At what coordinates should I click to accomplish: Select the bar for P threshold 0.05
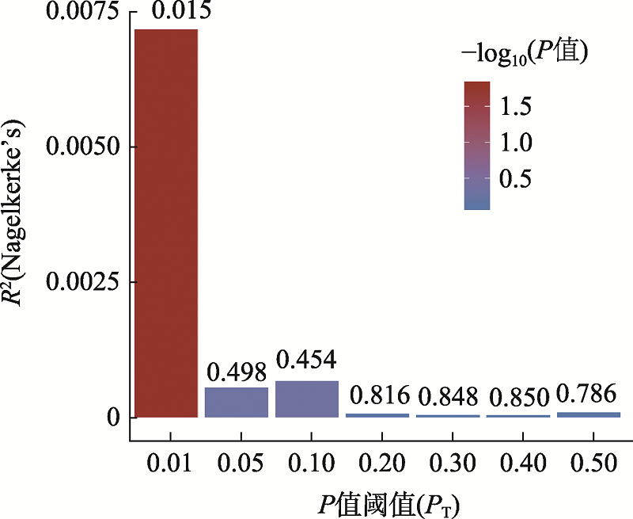click(x=237, y=403)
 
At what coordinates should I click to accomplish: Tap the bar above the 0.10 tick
click(x=307, y=399)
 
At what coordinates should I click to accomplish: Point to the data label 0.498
click(x=237, y=371)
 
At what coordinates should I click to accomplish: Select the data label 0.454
click(x=307, y=359)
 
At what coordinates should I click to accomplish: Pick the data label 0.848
click(x=448, y=395)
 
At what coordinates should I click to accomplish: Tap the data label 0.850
click(x=518, y=395)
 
